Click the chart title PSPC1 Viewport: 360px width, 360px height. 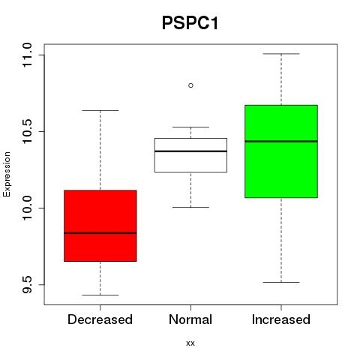tap(190, 23)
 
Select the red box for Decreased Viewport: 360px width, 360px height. tap(100, 226)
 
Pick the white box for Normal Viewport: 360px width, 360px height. tap(190, 155)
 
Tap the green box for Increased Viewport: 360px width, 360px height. tap(281, 151)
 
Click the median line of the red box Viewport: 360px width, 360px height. tap(100, 233)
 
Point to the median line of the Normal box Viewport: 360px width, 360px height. tap(190, 151)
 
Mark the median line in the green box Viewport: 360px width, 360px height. tap(281, 141)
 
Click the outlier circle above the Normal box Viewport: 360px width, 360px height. tap(190, 85)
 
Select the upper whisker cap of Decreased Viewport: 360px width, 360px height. tap(100, 110)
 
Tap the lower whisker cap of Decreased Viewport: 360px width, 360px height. tap(100, 295)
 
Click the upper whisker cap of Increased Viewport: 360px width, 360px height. tap(281, 54)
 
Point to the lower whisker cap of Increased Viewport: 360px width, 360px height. tap(281, 282)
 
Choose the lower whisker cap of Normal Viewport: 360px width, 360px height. tap(190, 207)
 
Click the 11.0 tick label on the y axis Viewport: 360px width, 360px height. tap(27, 55)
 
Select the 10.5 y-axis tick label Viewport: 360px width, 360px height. tap(27, 131)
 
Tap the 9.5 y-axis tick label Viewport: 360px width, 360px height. tap(27, 284)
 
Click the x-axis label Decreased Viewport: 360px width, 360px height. tap(100, 319)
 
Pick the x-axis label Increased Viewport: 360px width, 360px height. tap(281, 319)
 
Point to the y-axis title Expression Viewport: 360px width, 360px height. tap(7, 174)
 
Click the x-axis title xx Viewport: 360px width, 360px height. tap(190, 343)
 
